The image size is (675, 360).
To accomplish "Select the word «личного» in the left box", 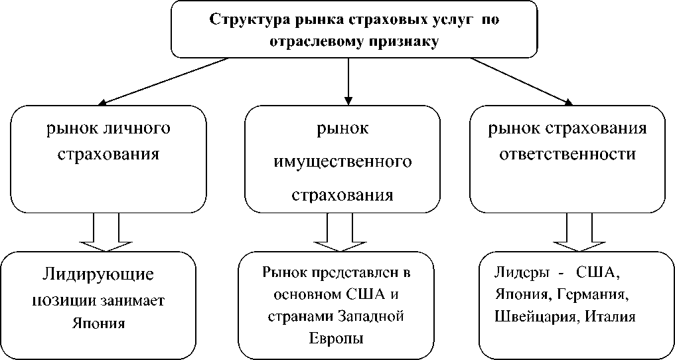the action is (x=139, y=128).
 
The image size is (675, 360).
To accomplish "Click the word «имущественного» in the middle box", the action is (x=342, y=161).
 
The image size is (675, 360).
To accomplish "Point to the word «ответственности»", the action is (x=567, y=153).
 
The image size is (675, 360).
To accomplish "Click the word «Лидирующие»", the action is (x=98, y=274).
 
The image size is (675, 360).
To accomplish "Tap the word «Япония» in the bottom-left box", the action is (x=99, y=323).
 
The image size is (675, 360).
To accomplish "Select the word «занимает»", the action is (x=132, y=300).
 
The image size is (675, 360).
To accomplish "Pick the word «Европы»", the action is (x=337, y=338).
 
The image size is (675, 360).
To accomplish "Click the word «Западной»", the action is (x=370, y=317).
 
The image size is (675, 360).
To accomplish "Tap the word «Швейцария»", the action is (x=532, y=317).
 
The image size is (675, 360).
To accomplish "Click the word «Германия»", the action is (x=590, y=294).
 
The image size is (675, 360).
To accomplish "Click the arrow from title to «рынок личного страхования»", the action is (x=163, y=81).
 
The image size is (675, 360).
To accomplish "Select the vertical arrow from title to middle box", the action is (x=348, y=82).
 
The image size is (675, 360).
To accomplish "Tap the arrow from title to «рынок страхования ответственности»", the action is (x=522, y=82).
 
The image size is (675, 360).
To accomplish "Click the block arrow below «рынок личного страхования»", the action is (x=106, y=232).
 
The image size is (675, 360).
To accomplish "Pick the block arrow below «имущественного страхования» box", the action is (x=340, y=232).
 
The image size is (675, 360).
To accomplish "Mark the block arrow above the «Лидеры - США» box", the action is (x=579, y=232).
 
